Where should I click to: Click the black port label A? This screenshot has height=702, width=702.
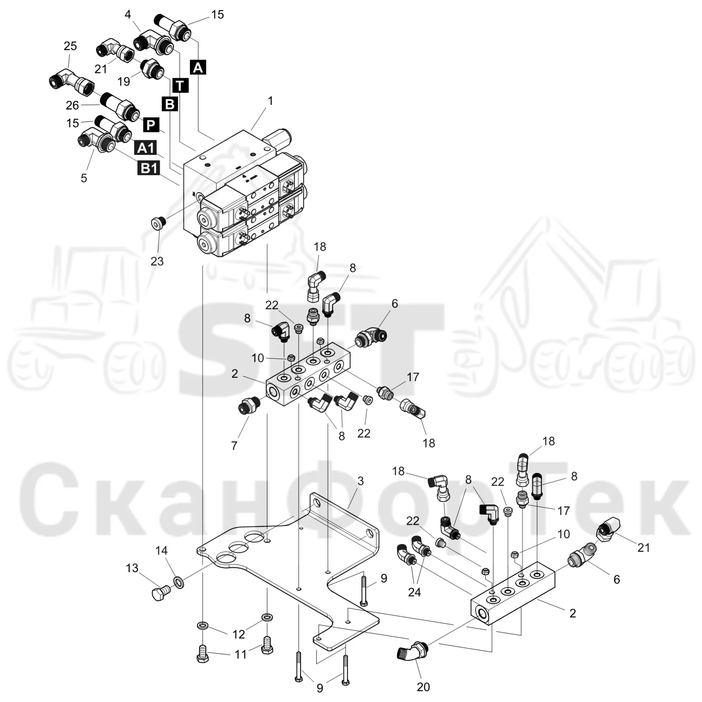pos(198,68)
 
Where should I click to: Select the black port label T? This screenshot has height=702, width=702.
pos(180,85)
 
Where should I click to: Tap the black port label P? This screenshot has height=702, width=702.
pos(150,125)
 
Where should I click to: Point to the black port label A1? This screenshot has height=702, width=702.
pos(146,148)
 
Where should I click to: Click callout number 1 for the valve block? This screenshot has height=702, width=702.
pos(270,101)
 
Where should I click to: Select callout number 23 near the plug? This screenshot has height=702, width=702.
pos(157,261)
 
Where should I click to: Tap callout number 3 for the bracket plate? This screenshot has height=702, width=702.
pos(360,481)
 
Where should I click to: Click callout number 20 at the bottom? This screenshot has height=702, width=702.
pos(423,687)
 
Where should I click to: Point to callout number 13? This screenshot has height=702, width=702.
pos(132,568)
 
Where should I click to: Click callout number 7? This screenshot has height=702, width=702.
pos(234,446)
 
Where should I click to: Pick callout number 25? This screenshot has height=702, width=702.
pos(70,46)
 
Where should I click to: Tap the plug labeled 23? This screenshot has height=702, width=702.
pos(158,223)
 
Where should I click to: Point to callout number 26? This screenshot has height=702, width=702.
pos(72,105)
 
